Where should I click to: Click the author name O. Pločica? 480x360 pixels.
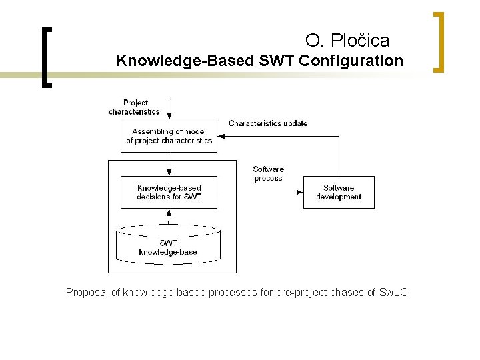click(x=347, y=41)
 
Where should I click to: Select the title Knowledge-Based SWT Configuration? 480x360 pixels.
click(x=259, y=61)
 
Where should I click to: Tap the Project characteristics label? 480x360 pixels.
click(x=135, y=107)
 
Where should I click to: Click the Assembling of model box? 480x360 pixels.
click(x=169, y=136)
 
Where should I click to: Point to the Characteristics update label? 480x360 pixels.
click(x=268, y=123)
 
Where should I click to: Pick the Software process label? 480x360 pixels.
click(x=268, y=173)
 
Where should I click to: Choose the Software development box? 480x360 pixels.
click(x=339, y=192)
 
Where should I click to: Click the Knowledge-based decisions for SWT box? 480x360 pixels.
click(x=169, y=192)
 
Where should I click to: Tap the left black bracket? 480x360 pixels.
click(x=45, y=57)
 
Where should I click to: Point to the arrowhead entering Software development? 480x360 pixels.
click(x=299, y=193)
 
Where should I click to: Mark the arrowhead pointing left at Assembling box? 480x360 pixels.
click(x=222, y=137)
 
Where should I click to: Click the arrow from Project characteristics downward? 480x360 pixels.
click(x=169, y=107)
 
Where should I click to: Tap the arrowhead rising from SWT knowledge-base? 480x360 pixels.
click(x=169, y=213)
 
